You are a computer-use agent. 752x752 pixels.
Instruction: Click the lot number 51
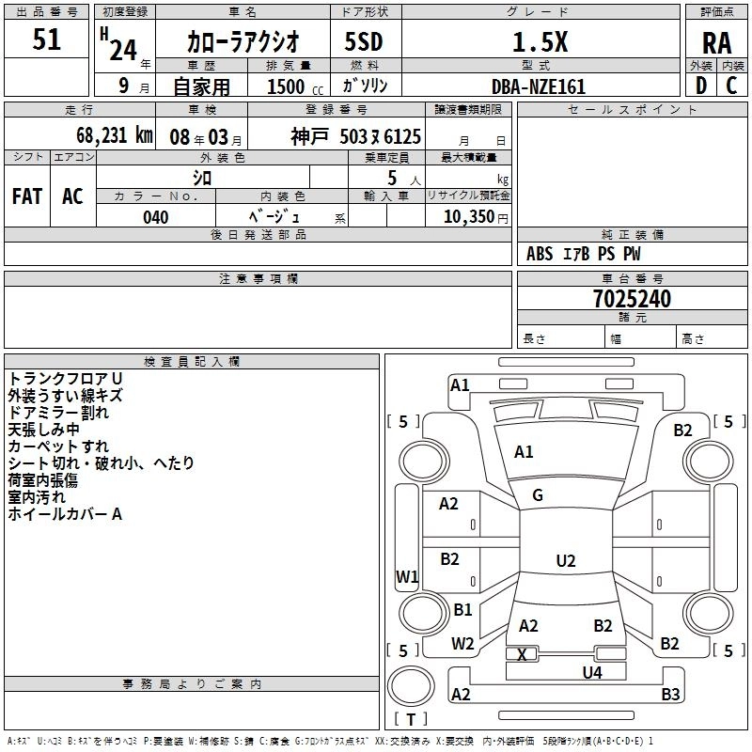46,40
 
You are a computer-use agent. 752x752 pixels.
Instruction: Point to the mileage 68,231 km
108,135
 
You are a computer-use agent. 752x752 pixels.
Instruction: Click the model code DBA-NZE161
539,86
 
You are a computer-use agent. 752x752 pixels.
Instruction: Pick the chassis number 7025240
632,299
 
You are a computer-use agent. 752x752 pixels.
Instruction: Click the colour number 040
155,217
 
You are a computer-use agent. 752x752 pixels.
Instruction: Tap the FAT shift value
27,196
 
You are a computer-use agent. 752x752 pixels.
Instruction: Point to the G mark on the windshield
538,495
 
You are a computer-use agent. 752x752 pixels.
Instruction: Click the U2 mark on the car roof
565,561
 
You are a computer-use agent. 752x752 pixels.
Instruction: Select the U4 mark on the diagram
591,672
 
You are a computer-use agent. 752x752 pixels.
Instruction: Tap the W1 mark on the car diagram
407,576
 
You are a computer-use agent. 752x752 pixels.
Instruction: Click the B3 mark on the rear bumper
669,695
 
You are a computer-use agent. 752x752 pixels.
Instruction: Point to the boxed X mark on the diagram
523,653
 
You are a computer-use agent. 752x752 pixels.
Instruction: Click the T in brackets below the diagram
411,719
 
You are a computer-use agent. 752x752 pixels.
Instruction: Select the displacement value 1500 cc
288,86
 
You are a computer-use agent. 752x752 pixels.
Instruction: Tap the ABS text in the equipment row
540,254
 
